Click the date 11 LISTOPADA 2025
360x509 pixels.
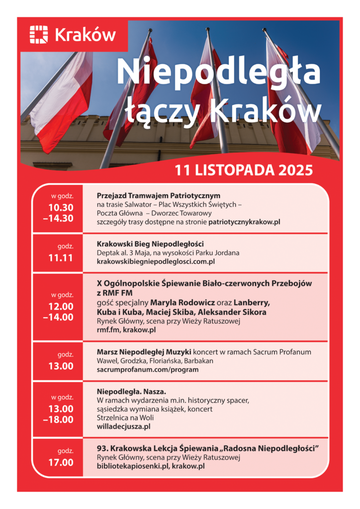[x=244, y=170]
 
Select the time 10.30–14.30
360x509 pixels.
[x=61, y=213]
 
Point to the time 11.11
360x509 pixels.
[x=61, y=257]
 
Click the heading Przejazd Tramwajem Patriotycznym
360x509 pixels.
[x=159, y=195]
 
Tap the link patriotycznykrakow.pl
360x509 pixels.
[x=244, y=222]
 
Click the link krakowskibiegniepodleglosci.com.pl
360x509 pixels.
[x=156, y=261]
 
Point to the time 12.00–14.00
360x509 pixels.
[x=61, y=312]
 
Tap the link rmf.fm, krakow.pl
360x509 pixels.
[x=126, y=330]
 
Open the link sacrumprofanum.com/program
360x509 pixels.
[x=148, y=369]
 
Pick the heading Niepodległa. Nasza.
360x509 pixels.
[x=124, y=391]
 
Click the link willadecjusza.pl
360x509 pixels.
[x=124, y=426]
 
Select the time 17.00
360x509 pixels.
[x=61, y=462]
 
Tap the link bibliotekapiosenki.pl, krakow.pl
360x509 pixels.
[x=151, y=466]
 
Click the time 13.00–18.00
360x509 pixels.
[x=61, y=414]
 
